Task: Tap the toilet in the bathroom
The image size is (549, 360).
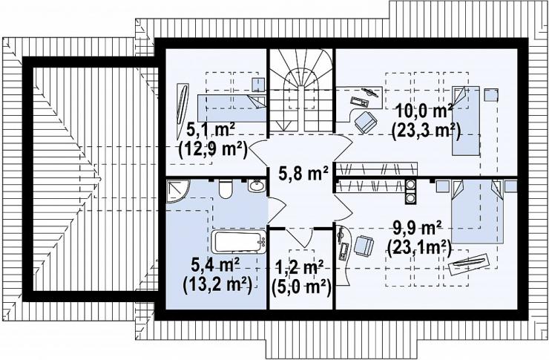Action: coord(225,189)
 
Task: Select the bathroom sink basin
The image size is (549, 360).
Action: coord(257,186)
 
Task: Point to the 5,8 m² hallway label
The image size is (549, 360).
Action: coord(303,173)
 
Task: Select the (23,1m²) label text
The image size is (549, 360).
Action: coord(418,249)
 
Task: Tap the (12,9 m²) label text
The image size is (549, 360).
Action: coord(213,149)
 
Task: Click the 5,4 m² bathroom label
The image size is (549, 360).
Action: coord(215,264)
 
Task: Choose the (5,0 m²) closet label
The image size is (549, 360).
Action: coord(301,287)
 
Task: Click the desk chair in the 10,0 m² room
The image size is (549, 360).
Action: coord(366,122)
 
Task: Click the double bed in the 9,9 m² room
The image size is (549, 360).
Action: coord(478,211)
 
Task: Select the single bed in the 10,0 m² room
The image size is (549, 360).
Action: coord(466,120)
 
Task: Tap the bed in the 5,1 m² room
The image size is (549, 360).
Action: coord(231,108)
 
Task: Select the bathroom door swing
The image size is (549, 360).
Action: coord(277,211)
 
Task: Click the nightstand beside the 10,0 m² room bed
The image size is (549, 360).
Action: coord(491,95)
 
